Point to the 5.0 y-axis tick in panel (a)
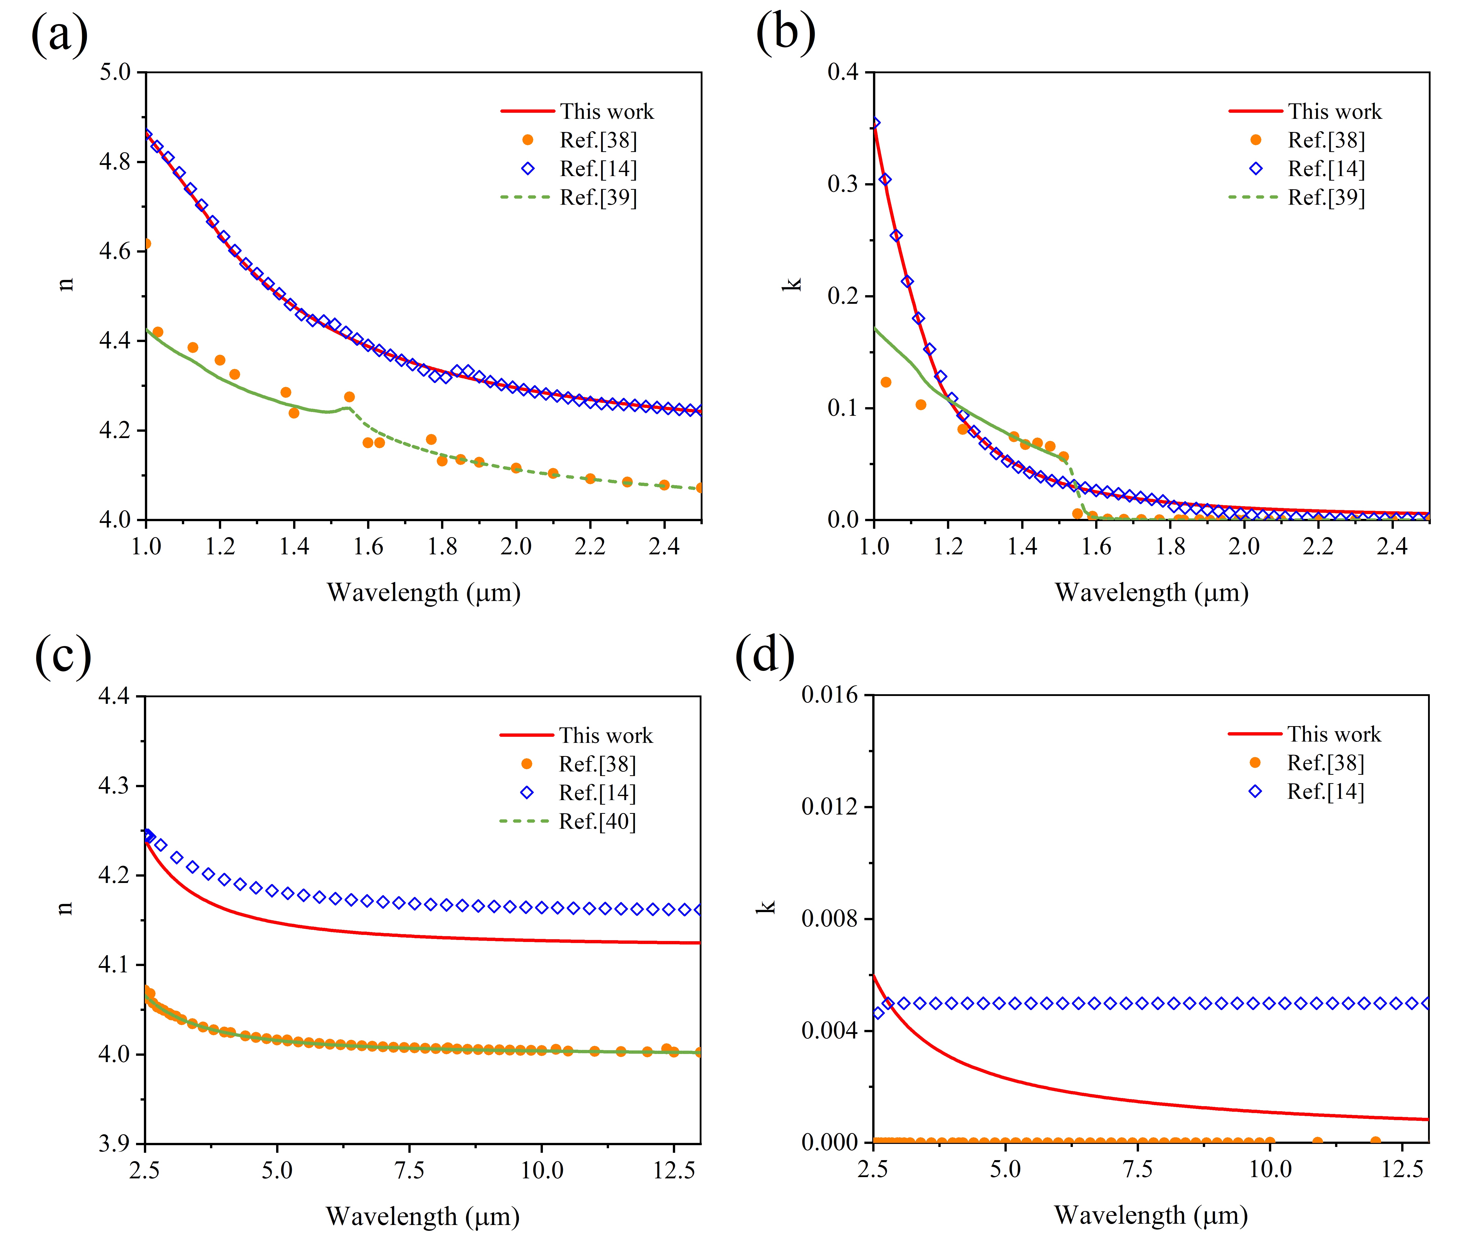tap(115, 72)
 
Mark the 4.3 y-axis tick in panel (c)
tap(114, 785)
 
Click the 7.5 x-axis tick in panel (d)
tap(1138, 1169)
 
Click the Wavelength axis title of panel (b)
tap(1152, 593)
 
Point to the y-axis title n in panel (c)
tap(65, 908)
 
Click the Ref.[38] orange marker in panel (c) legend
tap(526, 764)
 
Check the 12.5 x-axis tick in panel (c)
tap(674, 1171)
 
